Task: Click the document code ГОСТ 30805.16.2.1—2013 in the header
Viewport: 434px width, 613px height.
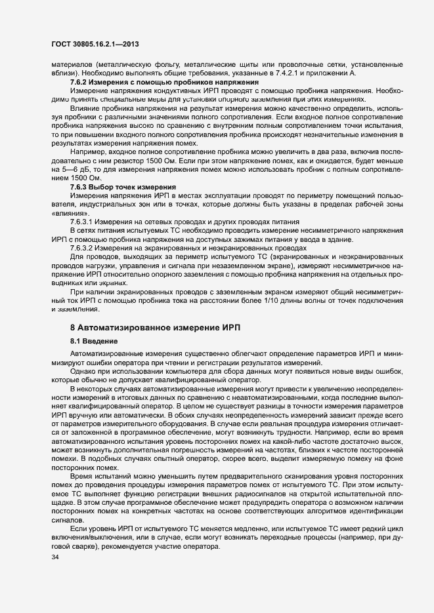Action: [93, 43]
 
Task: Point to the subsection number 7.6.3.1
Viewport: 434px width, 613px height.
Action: [85, 222]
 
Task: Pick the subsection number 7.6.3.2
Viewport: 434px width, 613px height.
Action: [85, 249]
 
